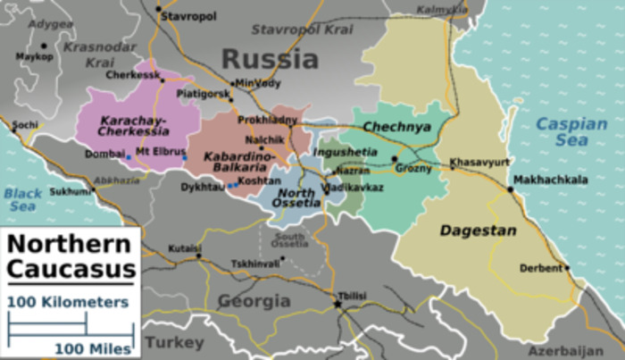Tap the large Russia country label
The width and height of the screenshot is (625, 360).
click(x=270, y=60)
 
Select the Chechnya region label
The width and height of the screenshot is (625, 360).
click(x=396, y=127)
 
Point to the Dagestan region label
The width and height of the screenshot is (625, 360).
click(x=478, y=230)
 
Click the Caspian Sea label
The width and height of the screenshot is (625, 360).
click(x=571, y=132)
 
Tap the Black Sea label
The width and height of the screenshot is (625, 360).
click(x=23, y=199)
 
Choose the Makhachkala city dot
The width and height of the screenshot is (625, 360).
click(x=511, y=189)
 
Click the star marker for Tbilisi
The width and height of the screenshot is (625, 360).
click(x=337, y=305)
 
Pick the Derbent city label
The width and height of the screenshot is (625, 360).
click(x=542, y=267)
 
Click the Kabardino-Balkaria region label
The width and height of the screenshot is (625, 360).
click(x=235, y=161)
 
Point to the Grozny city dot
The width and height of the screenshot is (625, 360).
click(x=394, y=159)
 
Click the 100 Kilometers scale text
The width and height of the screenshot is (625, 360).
click(x=68, y=302)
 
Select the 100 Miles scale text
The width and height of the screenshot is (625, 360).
click(x=93, y=347)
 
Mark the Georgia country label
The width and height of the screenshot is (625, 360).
click(x=254, y=300)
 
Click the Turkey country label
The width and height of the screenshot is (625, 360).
click(x=174, y=342)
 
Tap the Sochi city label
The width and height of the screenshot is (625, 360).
click(x=25, y=124)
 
